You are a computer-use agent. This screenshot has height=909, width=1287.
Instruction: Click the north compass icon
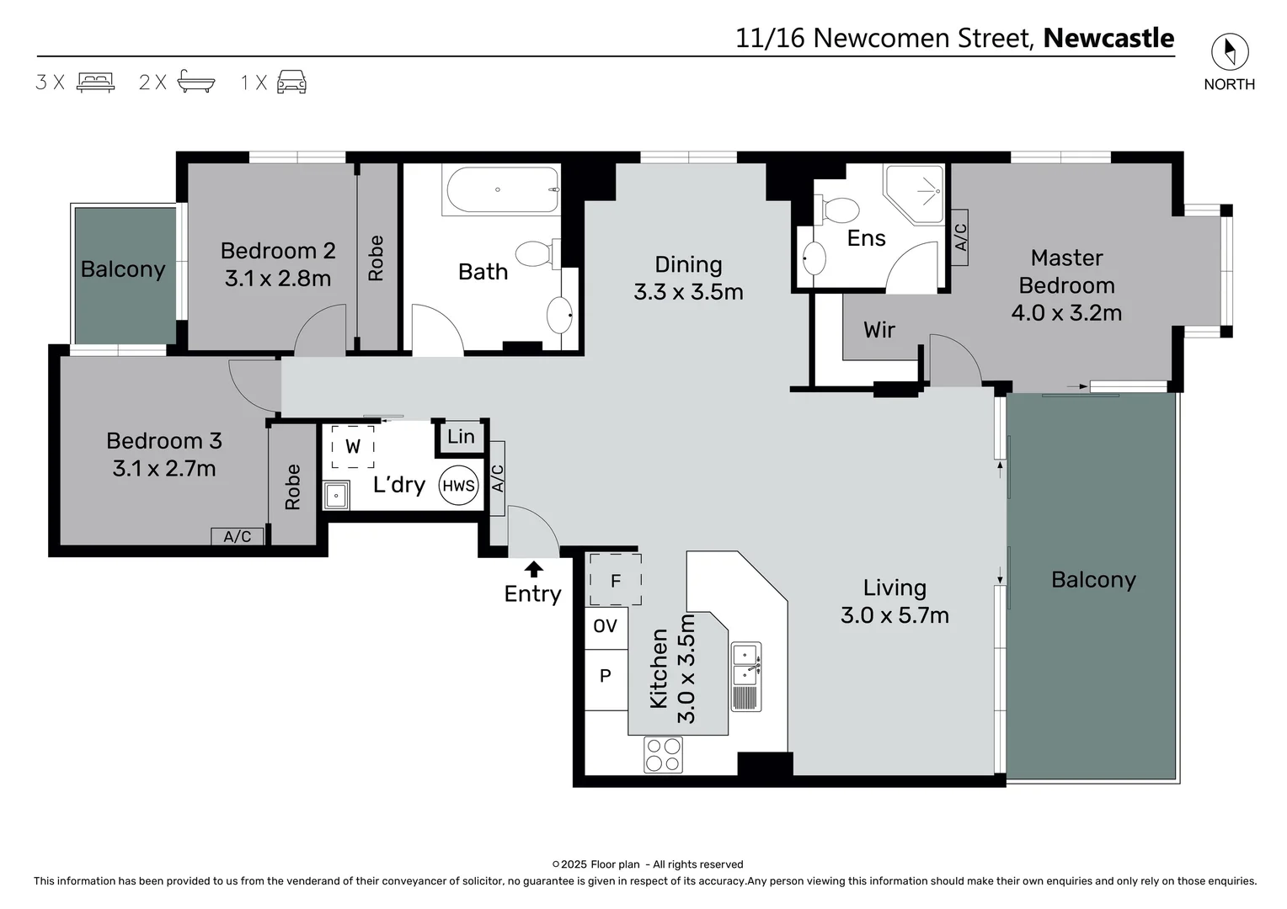1229,52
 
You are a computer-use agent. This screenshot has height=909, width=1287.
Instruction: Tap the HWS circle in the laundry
458,486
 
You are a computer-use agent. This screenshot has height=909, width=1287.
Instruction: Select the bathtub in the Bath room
503,190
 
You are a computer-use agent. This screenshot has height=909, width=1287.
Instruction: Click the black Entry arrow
533,570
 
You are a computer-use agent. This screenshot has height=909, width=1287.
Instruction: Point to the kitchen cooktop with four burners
663,754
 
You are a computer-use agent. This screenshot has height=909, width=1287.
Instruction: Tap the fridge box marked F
615,580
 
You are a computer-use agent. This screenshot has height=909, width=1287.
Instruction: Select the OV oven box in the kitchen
606,626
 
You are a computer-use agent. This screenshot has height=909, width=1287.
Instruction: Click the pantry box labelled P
606,676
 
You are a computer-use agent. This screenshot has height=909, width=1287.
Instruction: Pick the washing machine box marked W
352,447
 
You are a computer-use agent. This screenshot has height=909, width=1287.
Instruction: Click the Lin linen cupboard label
461,437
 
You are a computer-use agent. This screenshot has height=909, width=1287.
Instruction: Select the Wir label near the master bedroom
878,330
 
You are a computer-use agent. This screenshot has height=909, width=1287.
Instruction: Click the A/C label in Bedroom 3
237,536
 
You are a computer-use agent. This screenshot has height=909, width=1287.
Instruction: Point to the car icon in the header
291,82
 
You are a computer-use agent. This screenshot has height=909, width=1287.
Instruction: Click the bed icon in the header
95,82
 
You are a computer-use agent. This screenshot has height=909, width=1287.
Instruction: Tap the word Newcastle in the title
1108,38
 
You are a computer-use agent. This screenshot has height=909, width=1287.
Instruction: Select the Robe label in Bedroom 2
376,258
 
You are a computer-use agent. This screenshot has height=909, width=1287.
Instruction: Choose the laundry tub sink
336,495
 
